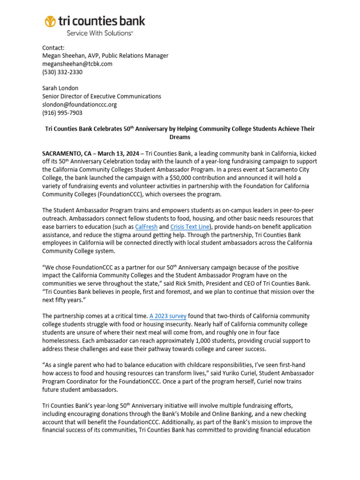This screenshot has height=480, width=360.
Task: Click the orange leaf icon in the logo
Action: [x=50, y=22]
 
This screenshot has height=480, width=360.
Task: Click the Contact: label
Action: [x=53, y=48]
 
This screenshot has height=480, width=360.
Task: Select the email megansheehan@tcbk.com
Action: [x=77, y=64]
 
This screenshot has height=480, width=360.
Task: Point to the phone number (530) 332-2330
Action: [x=62, y=72]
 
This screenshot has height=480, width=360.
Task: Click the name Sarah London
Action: [x=60, y=88]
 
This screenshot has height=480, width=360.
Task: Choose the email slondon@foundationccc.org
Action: [x=79, y=105]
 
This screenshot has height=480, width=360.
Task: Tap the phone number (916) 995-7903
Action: [x=62, y=112]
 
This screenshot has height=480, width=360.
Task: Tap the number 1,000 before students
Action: [x=212, y=340]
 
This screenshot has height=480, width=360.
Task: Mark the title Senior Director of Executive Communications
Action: [x=102, y=96]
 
